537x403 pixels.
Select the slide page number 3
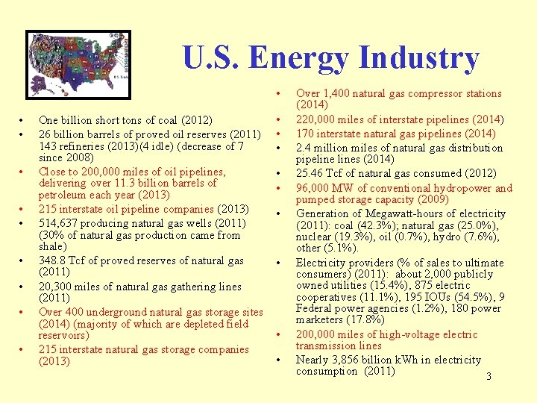[x=489, y=377]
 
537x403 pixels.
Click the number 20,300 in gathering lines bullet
[x=54, y=287]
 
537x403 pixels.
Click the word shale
[x=51, y=246]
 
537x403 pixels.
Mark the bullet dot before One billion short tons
[x=22, y=120]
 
